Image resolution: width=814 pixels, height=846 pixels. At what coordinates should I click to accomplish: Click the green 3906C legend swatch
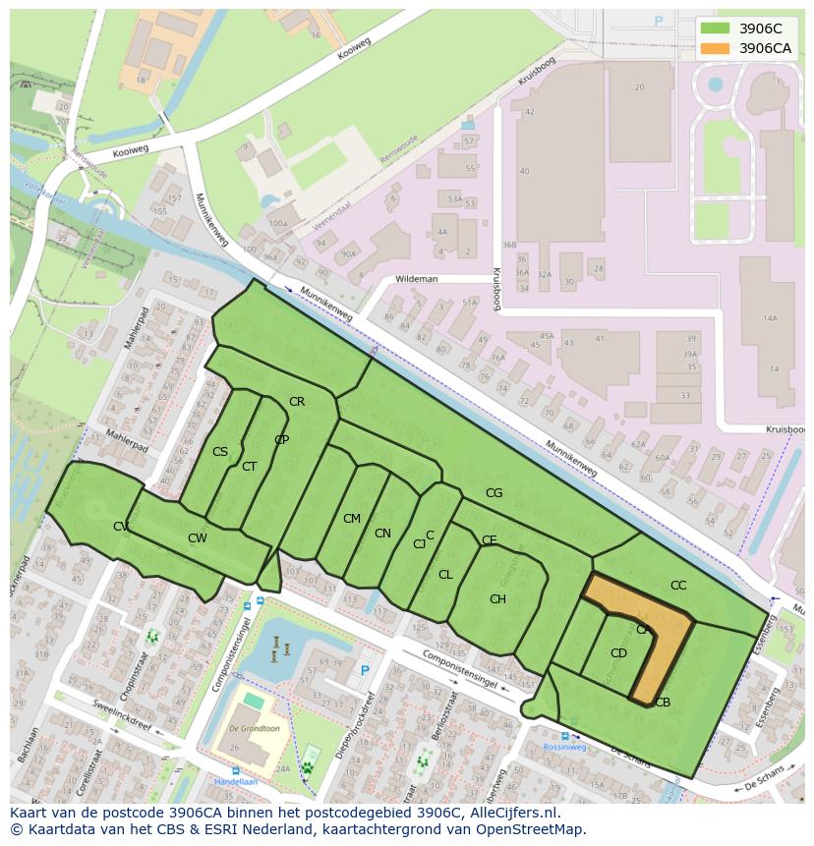click(x=715, y=28)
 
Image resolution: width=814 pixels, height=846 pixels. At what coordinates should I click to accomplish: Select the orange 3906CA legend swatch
click(x=715, y=48)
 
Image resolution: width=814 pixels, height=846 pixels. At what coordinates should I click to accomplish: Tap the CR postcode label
click(x=297, y=401)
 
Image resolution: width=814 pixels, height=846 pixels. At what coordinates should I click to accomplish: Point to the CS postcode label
click(x=220, y=452)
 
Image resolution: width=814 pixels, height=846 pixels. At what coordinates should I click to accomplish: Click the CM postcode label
click(x=352, y=518)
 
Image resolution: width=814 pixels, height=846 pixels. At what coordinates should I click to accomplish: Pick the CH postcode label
click(x=497, y=599)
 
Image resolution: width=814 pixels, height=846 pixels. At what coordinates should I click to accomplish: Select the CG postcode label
click(x=494, y=492)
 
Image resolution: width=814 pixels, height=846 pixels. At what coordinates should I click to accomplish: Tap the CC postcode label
click(x=678, y=585)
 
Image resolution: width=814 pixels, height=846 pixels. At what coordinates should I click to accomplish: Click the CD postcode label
click(x=618, y=652)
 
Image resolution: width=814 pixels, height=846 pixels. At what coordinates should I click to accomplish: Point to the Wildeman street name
click(x=416, y=279)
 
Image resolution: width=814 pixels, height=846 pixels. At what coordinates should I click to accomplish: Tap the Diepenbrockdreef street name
click(x=355, y=725)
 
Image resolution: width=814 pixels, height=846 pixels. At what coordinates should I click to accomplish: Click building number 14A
click(x=770, y=317)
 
